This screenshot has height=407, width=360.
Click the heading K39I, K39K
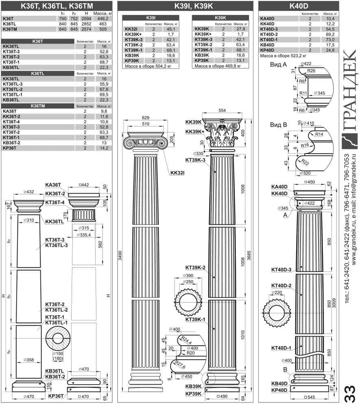(x=194, y=6)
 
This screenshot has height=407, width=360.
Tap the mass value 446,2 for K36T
(x=103, y=19)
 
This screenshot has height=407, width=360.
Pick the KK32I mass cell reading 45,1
(x=171, y=29)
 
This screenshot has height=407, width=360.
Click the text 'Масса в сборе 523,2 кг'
(x=283, y=56)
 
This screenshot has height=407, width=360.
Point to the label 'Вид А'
(x=278, y=65)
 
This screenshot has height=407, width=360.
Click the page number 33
(x=349, y=394)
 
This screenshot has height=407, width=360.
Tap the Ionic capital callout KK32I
(x=177, y=173)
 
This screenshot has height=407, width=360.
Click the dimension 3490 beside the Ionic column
(x=120, y=256)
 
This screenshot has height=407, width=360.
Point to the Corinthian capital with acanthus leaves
(x=222, y=133)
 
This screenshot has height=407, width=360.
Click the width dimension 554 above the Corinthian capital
(x=222, y=111)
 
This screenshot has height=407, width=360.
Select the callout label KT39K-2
(x=195, y=268)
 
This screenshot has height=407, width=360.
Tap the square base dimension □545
(x=310, y=397)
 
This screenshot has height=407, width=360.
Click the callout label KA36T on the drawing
(x=53, y=185)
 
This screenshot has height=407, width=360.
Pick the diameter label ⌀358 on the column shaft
(x=28, y=360)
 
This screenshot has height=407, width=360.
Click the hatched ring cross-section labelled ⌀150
(x=58, y=338)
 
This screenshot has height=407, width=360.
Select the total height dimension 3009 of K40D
(x=334, y=303)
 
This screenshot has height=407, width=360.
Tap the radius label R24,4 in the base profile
(x=186, y=340)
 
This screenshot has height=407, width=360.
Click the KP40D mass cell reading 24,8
(x=330, y=50)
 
